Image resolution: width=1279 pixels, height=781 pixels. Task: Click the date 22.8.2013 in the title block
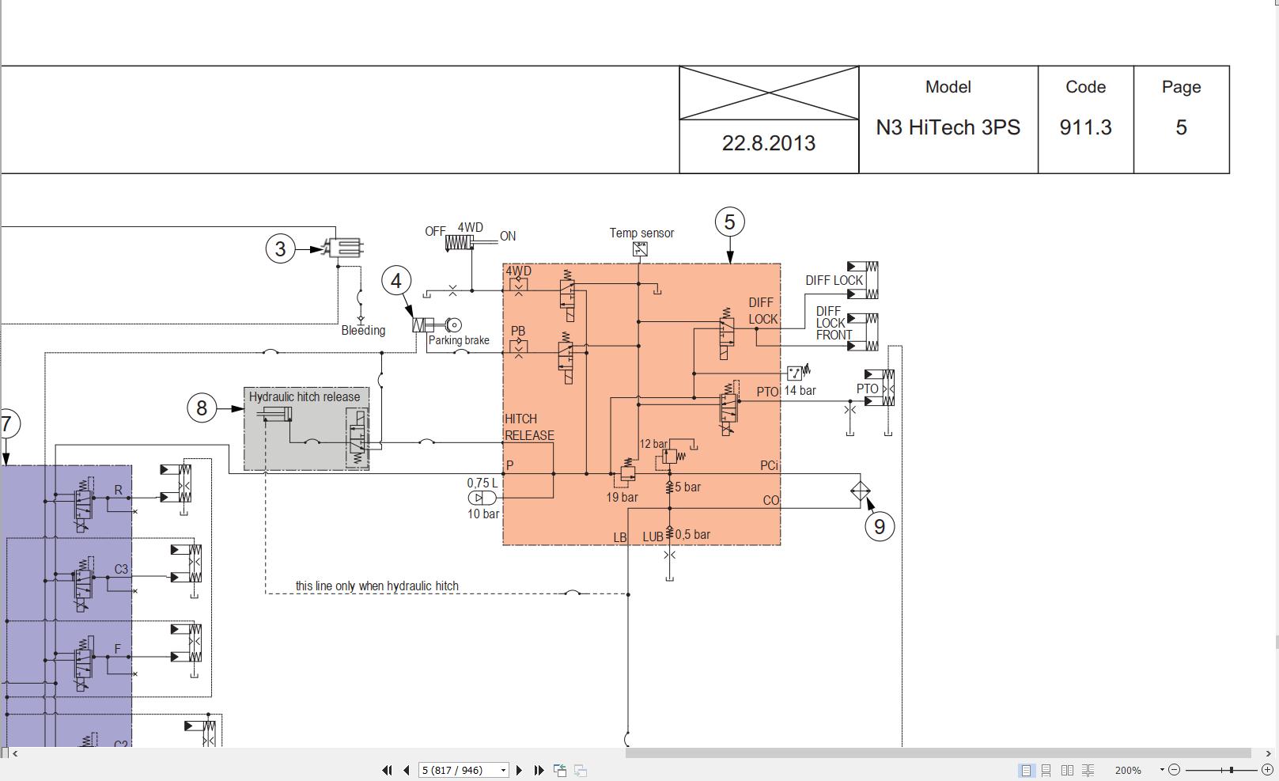point(769,143)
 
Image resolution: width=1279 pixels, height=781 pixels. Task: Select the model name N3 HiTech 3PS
point(948,127)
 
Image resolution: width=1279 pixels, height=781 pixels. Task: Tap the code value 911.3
point(1085,127)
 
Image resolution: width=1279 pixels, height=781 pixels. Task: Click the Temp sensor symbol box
point(640,249)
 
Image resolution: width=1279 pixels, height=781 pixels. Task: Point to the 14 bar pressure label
point(800,390)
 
